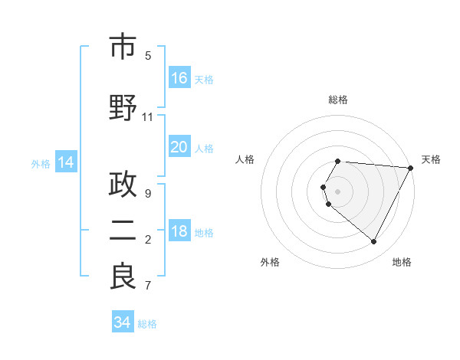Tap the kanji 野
click(x=123, y=107)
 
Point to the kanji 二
click(x=123, y=231)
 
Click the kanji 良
click(x=123, y=277)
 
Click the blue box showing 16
click(x=179, y=77)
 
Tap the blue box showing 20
click(x=179, y=147)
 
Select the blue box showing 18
click(x=179, y=232)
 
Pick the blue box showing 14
click(x=66, y=162)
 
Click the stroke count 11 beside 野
click(x=148, y=116)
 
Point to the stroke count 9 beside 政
click(x=148, y=194)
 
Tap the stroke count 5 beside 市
click(x=148, y=55)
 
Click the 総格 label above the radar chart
click(x=338, y=100)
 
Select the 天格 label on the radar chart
click(x=431, y=159)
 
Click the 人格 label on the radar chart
click(x=245, y=159)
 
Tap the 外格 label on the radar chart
click(x=270, y=262)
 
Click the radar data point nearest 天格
click(x=411, y=168)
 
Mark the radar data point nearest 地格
click(x=373, y=242)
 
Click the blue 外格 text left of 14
click(x=41, y=163)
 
